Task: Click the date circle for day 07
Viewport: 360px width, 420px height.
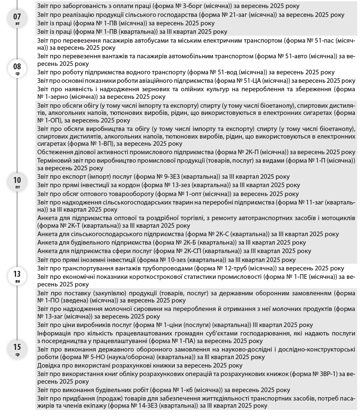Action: (x=17, y=19)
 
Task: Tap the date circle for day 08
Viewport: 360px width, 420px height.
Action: (x=17, y=68)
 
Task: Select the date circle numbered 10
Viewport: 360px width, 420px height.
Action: (x=17, y=181)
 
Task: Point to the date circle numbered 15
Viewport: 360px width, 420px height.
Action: (x=17, y=349)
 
